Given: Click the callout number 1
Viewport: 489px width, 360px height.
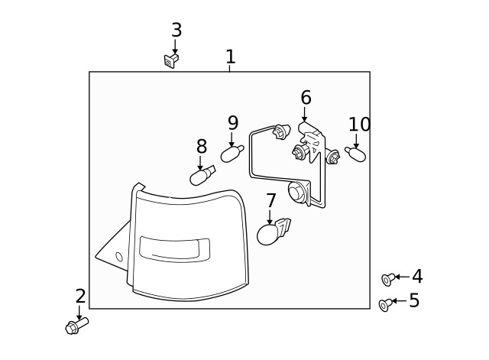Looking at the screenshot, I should click(x=230, y=57).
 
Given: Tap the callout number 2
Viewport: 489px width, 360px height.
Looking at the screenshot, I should click(x=80, y=297).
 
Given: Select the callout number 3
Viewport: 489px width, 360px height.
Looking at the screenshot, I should click(x=176, y=31).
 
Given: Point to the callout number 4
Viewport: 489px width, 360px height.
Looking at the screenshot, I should click(x=417, y=277).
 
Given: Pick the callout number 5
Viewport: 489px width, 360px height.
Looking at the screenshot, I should click(x=414, y=301).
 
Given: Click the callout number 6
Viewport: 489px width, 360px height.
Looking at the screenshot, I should click(x=306, y=98).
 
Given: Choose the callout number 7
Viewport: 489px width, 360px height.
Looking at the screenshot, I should click(x=271, y=201).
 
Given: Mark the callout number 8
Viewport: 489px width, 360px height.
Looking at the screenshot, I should click(x=201, y=147).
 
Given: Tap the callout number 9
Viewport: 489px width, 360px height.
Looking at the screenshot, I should click(x=233, y=123).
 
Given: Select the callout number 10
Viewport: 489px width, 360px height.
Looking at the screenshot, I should click(x=359, y=125).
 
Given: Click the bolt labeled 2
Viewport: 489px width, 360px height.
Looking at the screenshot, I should click(x=76, y=326).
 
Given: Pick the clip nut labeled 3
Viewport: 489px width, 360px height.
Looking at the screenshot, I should click(x=170, y=60).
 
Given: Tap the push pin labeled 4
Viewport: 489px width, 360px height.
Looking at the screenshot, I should click(x=389, y=279).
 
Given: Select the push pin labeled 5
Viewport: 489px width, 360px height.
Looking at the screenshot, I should click(x=386, y=304).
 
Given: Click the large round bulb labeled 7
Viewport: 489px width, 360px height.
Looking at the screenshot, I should click(x=269, y=233).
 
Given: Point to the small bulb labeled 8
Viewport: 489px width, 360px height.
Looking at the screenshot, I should click(x=202, y=176).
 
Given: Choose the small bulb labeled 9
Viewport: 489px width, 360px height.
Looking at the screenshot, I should click(x=232, y=154).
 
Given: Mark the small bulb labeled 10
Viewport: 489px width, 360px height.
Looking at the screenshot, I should click(x=356, y=155).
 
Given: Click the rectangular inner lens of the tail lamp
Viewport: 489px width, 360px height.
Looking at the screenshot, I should click(x=174, y=248).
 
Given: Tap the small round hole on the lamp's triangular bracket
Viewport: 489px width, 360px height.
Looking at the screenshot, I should click(x=118, y=258).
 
